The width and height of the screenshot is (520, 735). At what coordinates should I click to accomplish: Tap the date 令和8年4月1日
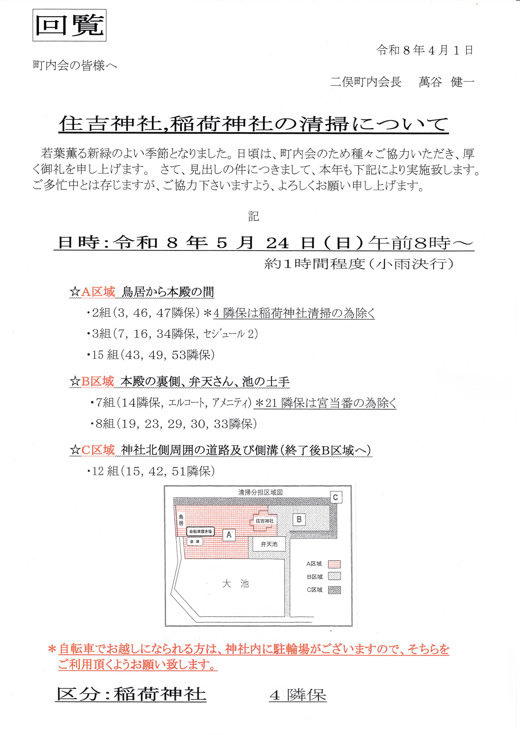[425, 50]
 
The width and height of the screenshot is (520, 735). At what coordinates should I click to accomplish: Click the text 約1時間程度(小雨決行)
[359, 264]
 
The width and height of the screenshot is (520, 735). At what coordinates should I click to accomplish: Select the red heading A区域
[98, 292]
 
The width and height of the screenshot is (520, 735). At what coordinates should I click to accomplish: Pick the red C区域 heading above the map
[98, 450]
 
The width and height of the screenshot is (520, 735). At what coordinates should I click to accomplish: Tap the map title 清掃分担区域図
[260, 492]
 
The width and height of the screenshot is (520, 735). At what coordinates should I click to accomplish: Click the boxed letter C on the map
[336, 497]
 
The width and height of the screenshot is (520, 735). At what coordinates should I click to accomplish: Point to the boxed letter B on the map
[299, 519]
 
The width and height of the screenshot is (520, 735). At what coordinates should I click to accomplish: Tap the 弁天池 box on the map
[269, 544]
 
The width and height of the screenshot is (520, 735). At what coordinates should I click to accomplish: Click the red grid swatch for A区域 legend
[334, 564]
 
